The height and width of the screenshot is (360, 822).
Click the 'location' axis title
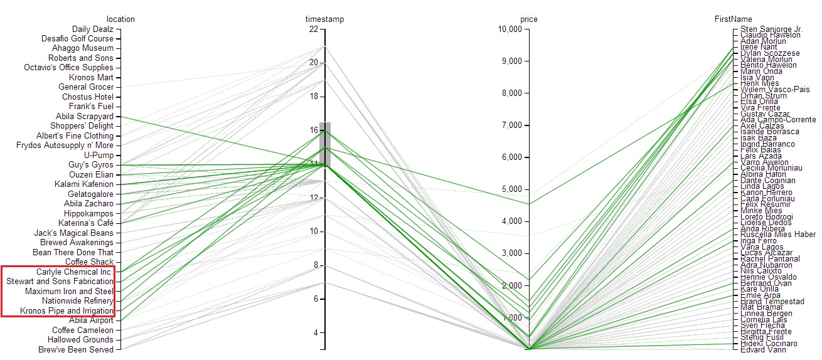pyautogui.click(x=120, y=19)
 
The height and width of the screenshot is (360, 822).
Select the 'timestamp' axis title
pyautogui.click(x=325, y=19)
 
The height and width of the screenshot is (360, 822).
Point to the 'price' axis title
pyautogui.click(x=529, y=19)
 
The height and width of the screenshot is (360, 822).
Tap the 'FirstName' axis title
pyautogui.click(x=733, y=19)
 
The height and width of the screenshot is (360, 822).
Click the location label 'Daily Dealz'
pyautogui.click(x=92, y=29)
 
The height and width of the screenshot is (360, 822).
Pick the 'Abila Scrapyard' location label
pyautogui.click(x=85, y=117)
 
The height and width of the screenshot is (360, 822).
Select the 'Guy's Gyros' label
pyautogui.click(x=91, y=165)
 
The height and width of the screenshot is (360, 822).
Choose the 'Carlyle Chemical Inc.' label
pyautogui.click(x=75, y=272)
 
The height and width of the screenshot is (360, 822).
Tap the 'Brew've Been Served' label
pyautogui.click(x=76, y=349)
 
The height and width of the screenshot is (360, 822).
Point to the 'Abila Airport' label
pyautogui.click(x=92, y=320)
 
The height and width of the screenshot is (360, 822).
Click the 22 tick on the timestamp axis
pyautogui.click(x=314, y=29)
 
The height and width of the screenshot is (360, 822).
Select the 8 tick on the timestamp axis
pyautogui.click(x=316, y=265)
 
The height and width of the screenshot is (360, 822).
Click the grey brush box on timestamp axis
pyautogui.click(x=325, y=144)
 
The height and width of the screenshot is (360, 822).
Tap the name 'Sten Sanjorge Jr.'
pyautogui.click(x=771, y=29)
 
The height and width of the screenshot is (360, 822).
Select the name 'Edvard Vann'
pyautogui.click(x=762, y=349)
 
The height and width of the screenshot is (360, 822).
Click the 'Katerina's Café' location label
pyautogui.click(x=86, y=223)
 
